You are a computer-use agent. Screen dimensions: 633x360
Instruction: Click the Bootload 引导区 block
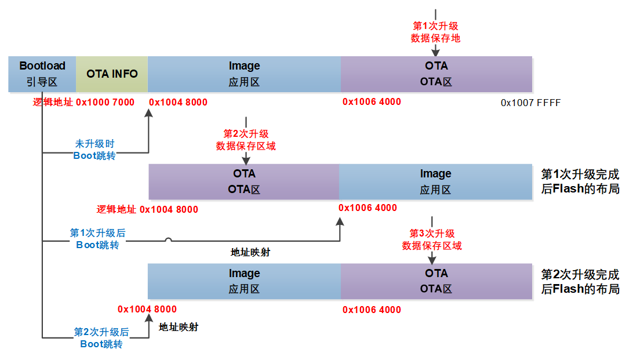tap(42, 74)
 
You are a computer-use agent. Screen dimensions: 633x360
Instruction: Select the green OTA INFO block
tap(112, 74)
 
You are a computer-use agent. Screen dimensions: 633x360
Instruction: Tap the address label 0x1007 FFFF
tap(530, 103)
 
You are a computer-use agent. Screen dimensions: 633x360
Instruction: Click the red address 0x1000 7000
tap(105, 102)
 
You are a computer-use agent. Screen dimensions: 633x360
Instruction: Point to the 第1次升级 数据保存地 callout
tap(435, 32)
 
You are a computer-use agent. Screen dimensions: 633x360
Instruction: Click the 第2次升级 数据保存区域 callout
tap(246, 140)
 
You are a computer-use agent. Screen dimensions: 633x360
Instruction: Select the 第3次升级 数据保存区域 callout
tap(432, 240)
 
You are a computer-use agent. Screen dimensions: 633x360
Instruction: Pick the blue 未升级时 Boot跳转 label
tap(94, 150)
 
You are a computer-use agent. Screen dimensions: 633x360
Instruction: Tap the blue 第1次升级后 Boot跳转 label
tap(98, 239)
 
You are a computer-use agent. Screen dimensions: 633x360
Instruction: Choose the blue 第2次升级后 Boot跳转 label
tap(101, 338)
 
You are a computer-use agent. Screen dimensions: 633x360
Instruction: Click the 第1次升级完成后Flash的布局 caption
tap(580, 181)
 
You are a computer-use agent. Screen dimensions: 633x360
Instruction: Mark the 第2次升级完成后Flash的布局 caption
tap(580, 282)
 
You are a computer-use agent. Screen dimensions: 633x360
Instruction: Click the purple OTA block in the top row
tap(436, 74)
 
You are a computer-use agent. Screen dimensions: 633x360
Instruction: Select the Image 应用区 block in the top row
tap(244, 74)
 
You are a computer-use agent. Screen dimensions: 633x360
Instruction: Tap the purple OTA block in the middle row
tap(244, 181)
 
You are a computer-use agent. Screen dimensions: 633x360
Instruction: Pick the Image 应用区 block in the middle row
tap(435, 181)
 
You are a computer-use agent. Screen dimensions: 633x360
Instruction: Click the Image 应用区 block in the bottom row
tap(244, 281)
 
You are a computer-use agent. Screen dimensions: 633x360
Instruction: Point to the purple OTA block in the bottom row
tap(436, 281)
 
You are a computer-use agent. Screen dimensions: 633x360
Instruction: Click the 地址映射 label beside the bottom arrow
tap(179, 327)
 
